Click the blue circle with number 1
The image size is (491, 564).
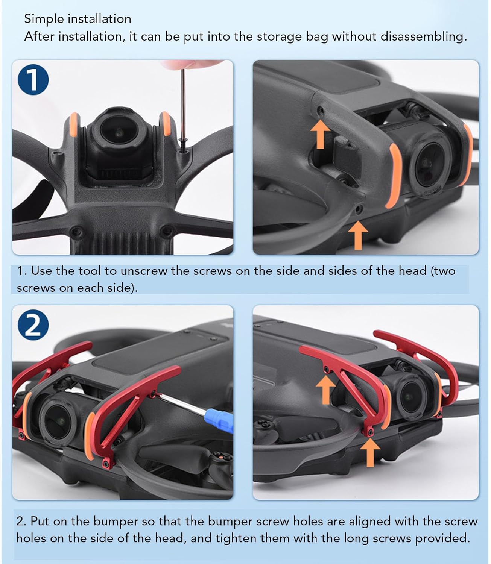33,80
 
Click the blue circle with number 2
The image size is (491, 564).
33,325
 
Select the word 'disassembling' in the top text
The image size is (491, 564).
424,36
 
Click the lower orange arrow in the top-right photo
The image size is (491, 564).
358,235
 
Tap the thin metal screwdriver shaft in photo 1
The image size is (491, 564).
183,105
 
